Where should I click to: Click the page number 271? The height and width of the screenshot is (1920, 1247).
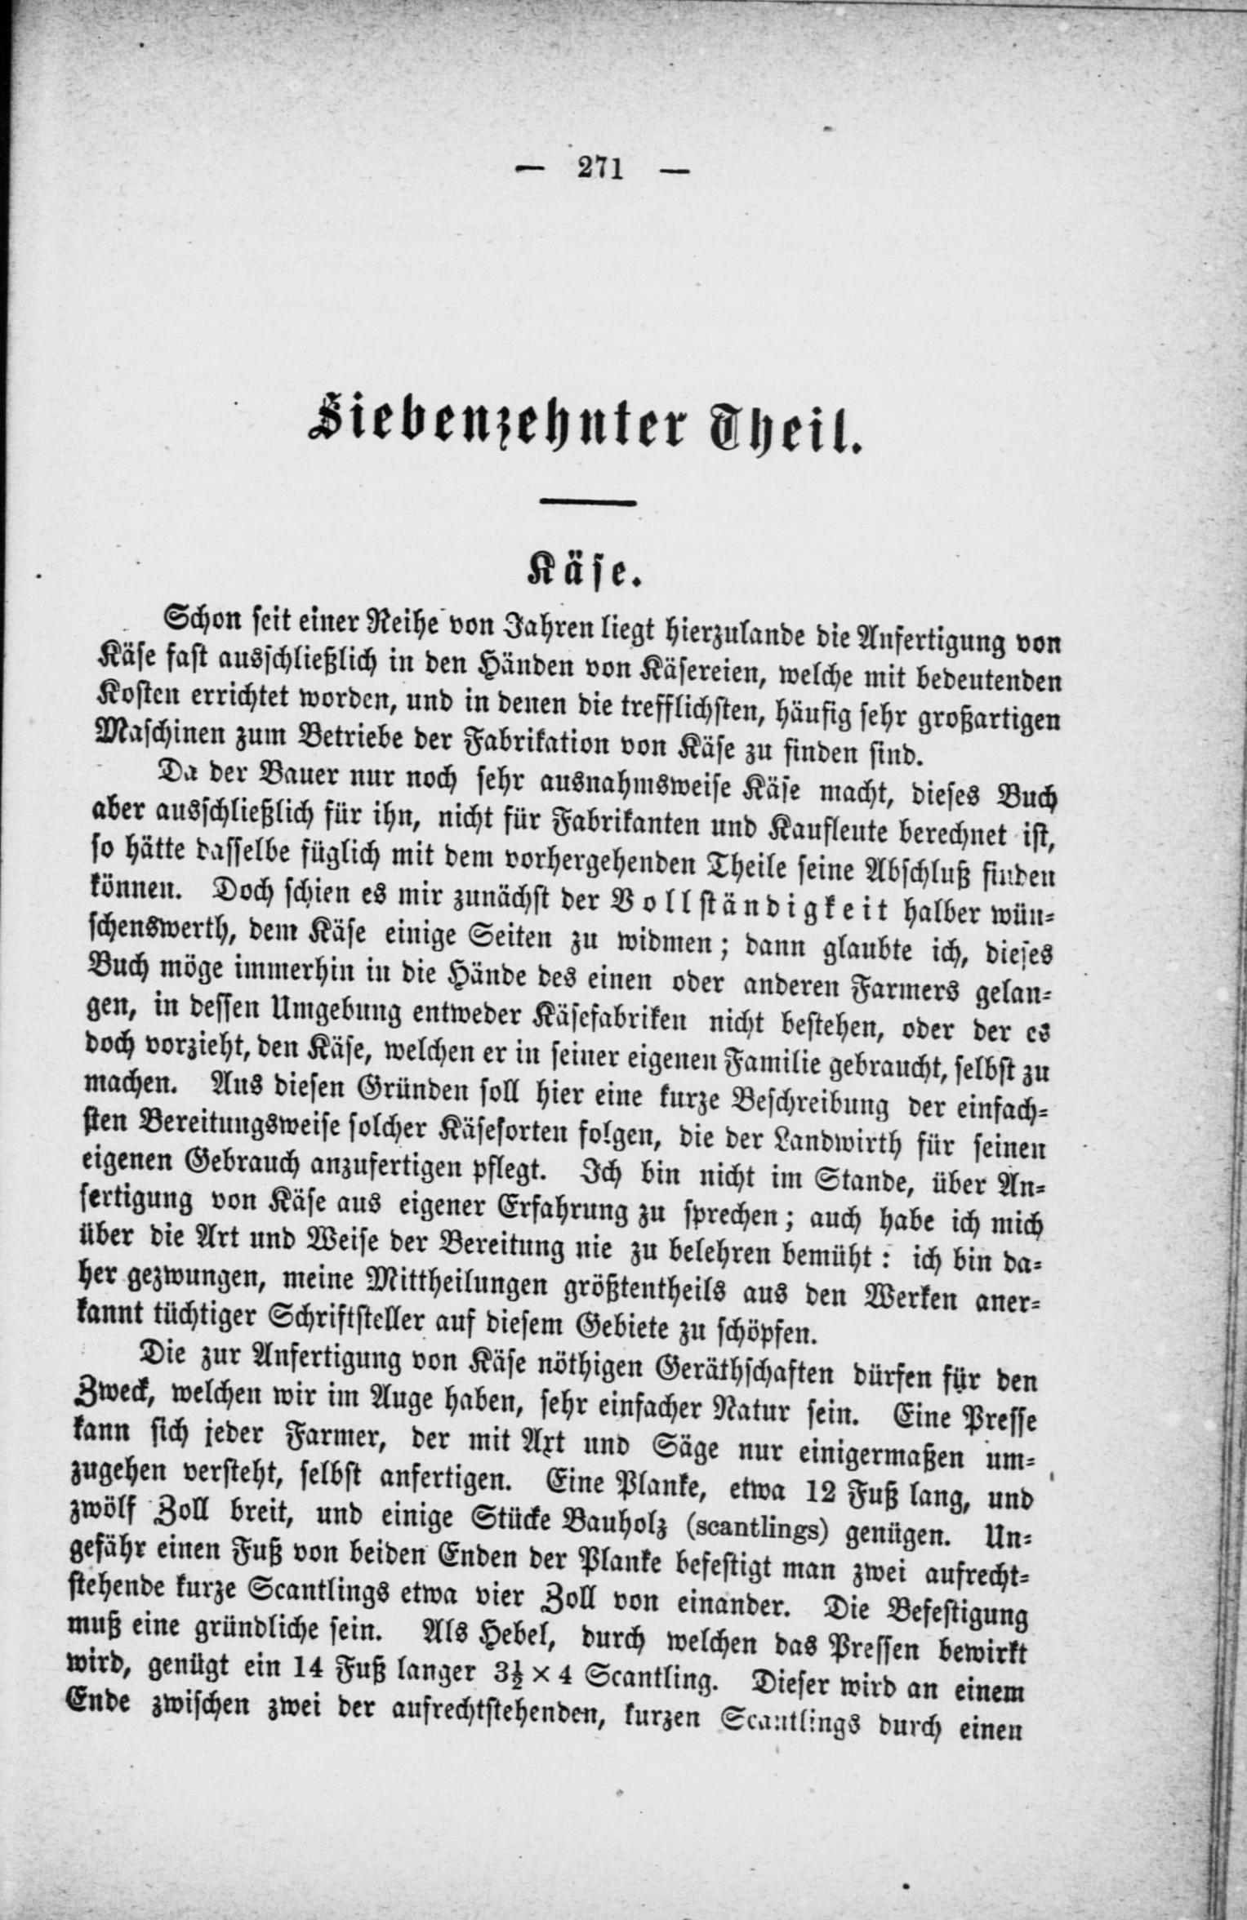[601, 168]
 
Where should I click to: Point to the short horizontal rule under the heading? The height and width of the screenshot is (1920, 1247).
[588, 503]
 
